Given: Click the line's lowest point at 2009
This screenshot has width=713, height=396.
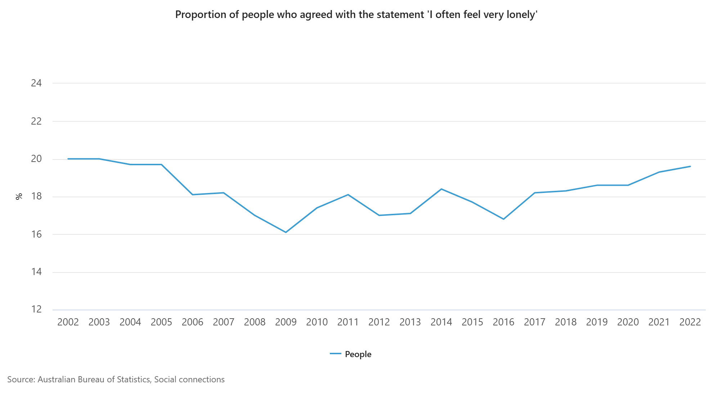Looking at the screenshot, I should [286, 232].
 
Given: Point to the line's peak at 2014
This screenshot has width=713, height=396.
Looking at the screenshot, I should [441, 189].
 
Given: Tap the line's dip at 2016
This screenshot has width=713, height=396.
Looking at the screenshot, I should [503, 219].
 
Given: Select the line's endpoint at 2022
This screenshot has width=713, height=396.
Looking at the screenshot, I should [690, 166].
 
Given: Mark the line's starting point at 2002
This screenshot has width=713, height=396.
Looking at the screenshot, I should [68, 159].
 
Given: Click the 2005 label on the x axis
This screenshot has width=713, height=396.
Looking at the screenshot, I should [161, 322].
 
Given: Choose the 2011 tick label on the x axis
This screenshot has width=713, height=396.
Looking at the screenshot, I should [348, 322].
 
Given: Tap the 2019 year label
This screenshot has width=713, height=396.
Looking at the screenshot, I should [597, 322].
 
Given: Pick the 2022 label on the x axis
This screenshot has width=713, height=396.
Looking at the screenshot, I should [690, 322].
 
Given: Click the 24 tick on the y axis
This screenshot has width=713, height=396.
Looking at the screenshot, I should [36, 83].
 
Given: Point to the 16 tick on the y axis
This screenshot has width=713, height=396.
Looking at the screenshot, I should [36, 234].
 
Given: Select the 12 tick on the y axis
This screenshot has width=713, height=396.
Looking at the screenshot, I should [36, 309].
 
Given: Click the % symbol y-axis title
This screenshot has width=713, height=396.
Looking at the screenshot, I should [19, 196].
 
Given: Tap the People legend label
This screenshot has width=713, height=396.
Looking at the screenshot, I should [358, 354].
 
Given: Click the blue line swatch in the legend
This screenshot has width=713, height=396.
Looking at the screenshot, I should [336, 354].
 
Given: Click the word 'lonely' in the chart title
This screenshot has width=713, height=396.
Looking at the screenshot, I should [522, 15].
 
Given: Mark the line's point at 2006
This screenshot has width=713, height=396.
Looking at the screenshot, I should [193, 195].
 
